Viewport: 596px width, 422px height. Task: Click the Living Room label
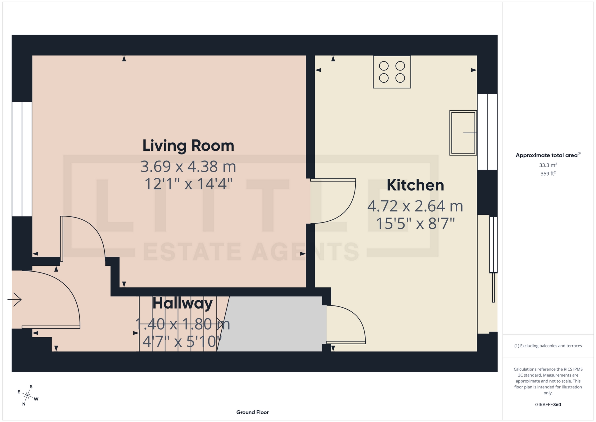(188, 146)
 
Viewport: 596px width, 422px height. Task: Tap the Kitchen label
(415, 185)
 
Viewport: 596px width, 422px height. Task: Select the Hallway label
(183, 303)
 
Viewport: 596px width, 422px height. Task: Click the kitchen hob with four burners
(392, 72)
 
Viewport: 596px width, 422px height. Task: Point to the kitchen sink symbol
(463, 133)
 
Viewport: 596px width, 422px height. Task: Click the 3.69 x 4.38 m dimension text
(188, 167)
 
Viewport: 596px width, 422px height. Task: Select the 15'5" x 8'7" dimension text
(415, 223)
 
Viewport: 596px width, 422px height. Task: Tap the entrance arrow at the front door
(15, 300)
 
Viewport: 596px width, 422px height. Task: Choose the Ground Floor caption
(252, 412)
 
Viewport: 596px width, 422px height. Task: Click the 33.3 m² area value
(548, 165)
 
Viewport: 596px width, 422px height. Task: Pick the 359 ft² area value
(548, 174)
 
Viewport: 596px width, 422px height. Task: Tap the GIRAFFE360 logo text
(548, 405)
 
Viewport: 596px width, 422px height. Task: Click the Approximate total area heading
(548, 155)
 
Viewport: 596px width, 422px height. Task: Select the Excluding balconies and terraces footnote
(548, 346)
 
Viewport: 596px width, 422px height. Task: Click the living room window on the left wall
(22, 159)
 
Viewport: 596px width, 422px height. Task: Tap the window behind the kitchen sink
(487, 132)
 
